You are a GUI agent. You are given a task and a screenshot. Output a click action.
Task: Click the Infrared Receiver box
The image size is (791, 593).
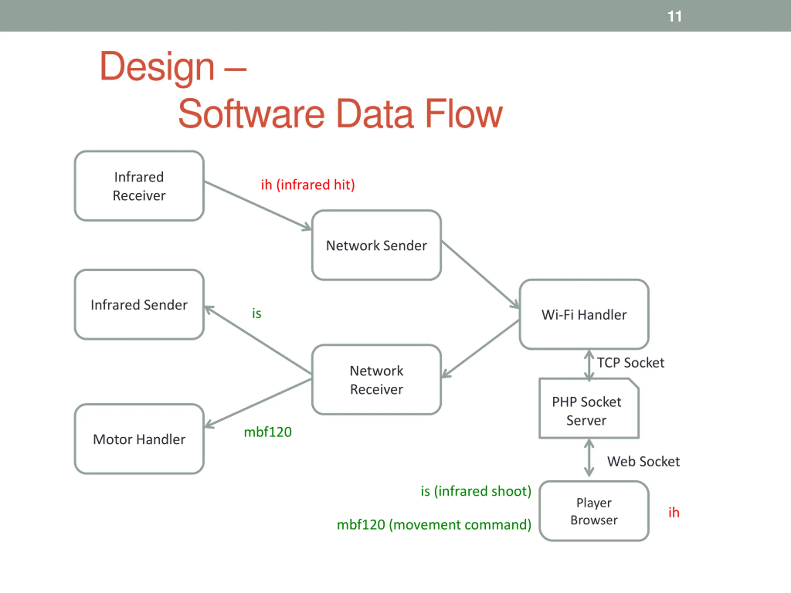139,186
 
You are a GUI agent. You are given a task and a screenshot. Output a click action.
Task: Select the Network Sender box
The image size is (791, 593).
377,245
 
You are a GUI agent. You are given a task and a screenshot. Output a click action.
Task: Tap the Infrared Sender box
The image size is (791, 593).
139,305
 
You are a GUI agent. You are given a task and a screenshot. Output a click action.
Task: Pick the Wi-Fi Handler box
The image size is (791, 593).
584,314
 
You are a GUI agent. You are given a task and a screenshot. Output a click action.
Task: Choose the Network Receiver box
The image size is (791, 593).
377,380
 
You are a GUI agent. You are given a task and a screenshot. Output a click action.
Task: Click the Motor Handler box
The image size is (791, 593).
139,439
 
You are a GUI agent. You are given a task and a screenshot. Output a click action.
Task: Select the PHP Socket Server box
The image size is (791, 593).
589,408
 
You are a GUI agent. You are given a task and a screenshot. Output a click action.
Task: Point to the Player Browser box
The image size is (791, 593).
594,511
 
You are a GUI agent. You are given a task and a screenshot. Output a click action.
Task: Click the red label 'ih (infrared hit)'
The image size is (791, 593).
308,185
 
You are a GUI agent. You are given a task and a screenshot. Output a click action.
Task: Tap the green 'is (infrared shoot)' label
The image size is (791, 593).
476,491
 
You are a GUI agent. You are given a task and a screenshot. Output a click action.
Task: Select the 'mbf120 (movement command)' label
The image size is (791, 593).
434,525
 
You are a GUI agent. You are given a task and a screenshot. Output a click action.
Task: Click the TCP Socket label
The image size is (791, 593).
631,363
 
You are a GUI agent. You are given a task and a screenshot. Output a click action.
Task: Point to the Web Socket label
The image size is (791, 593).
643,461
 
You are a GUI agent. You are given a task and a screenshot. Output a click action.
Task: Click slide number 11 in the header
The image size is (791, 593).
675,16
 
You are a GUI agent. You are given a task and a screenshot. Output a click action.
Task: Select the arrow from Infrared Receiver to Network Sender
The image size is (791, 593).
258,206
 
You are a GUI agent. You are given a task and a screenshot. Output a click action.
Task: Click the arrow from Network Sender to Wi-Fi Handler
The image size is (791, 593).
480,275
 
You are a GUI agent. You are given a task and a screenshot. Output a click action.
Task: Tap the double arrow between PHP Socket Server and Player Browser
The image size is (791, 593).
589,458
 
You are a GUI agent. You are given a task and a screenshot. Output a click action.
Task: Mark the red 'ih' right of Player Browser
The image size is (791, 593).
674,512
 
